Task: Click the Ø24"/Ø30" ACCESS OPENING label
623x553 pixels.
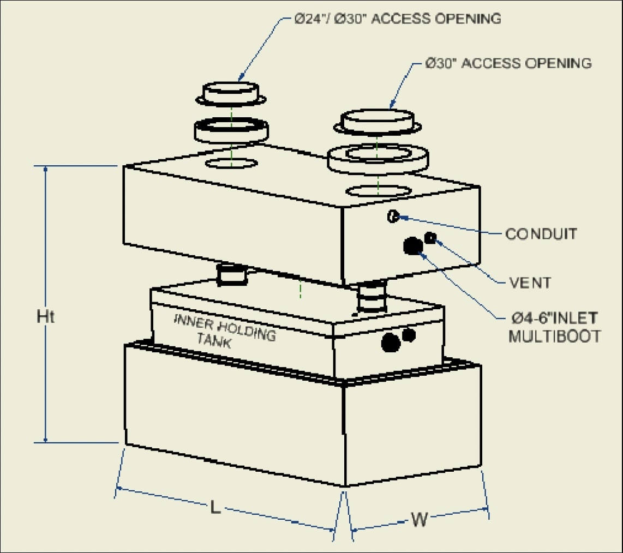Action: (397, 19)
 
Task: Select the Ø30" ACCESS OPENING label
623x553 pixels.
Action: (508, 63)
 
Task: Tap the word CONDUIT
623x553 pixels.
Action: (541, 234)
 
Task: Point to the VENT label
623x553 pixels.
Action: (530, 282)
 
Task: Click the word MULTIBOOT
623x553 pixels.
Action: (554, 336)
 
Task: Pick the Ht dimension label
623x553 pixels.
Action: (46, 317)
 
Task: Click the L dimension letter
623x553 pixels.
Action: (216, 508)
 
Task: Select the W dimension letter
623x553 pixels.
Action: (418, 520)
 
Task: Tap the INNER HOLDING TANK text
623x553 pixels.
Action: (224, 330)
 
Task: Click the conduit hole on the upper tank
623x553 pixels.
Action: (392, 217)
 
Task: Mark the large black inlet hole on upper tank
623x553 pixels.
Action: (413, 246)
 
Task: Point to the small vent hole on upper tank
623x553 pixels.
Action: (430, 237)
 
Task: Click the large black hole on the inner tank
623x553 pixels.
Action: (391, 342)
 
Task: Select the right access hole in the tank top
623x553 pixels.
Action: (379, 191)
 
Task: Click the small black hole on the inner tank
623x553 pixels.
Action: (409, 334)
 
